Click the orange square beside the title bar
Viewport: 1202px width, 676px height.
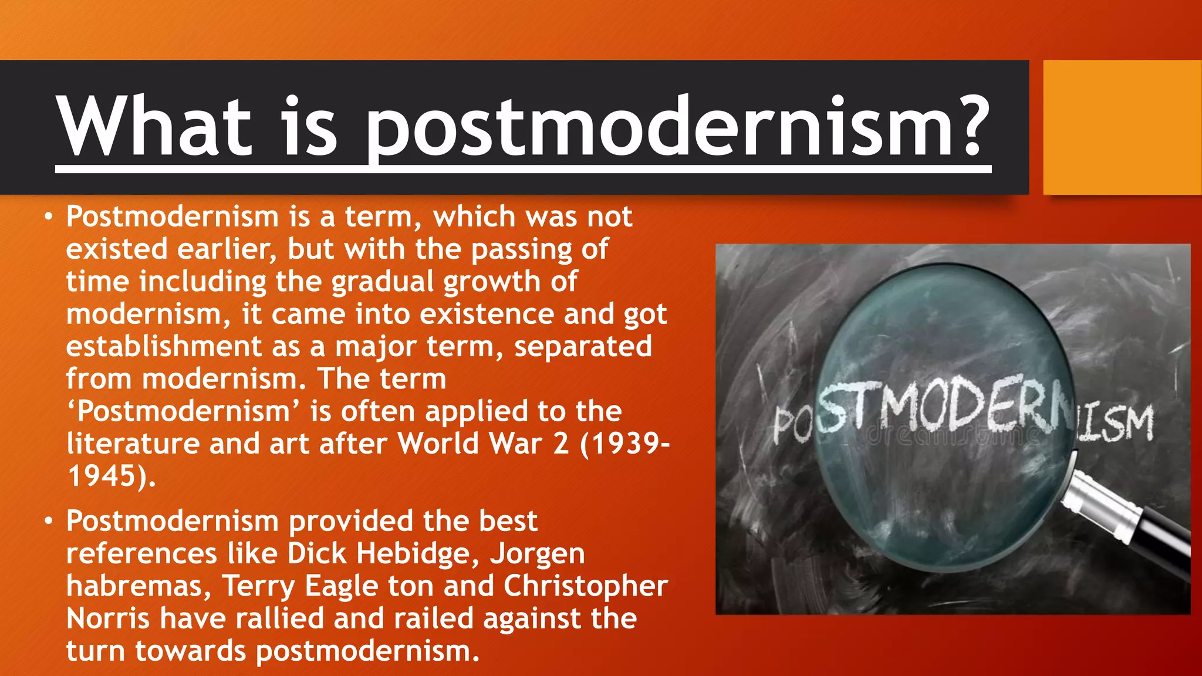[1122, 127]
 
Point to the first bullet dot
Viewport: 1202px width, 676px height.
[49, 218]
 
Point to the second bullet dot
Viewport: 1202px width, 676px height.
[49, 522]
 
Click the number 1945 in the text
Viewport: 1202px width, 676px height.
[102, 476]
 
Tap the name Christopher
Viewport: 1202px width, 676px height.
[585, 586]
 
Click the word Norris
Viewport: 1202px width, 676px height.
[107, 618]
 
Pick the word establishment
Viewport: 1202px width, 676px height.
[164, 346]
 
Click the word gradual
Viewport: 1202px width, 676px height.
[382, 282]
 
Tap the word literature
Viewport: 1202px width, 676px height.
[133, 444]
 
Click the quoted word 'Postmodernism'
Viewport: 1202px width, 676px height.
[183, 411]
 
